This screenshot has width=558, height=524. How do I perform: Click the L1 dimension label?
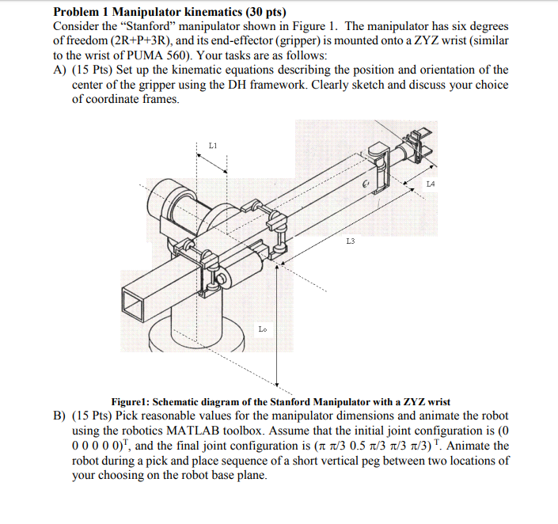coord(212,145)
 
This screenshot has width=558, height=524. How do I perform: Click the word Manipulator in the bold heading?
coord(149,12)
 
